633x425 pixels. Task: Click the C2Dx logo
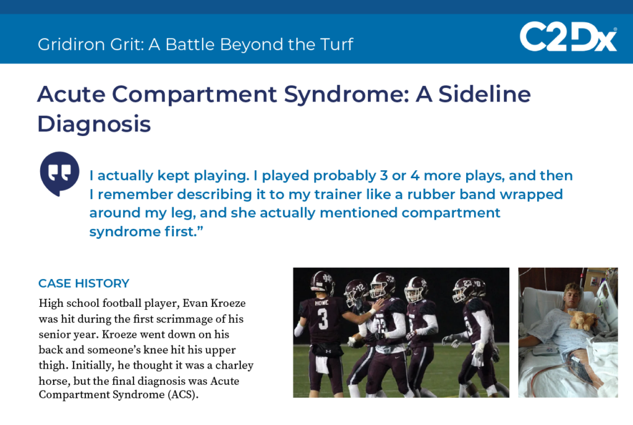[569, 36]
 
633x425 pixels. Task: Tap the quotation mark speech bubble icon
[59, 174]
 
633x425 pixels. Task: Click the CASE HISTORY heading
[84, 283]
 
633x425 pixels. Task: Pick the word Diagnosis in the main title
[94, 124]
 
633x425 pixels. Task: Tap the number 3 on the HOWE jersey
[323, 319]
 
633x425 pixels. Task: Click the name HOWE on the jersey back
[321, 303]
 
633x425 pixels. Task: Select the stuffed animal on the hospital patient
[582, 319]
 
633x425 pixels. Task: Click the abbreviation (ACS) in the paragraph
[183, 394]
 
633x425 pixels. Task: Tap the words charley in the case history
[234, 366]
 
